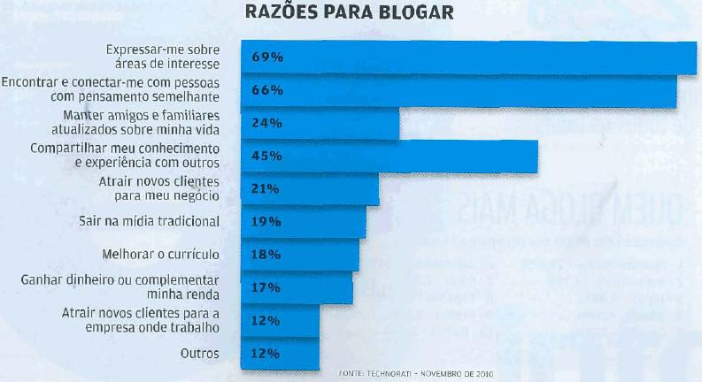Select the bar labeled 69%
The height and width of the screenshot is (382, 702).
469,57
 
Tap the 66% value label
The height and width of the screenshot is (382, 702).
266,90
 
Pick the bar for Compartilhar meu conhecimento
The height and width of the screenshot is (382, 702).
390,156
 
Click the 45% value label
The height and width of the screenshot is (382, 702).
266,156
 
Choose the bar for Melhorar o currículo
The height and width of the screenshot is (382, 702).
301,255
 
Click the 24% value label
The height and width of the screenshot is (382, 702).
266,123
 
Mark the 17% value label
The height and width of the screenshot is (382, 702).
266,286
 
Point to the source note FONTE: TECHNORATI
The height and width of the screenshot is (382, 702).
414,374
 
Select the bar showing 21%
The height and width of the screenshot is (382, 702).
311,188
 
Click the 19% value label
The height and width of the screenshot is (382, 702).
266,221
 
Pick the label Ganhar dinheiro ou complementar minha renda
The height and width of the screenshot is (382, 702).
120,286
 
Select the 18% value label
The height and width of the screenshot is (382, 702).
266,255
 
